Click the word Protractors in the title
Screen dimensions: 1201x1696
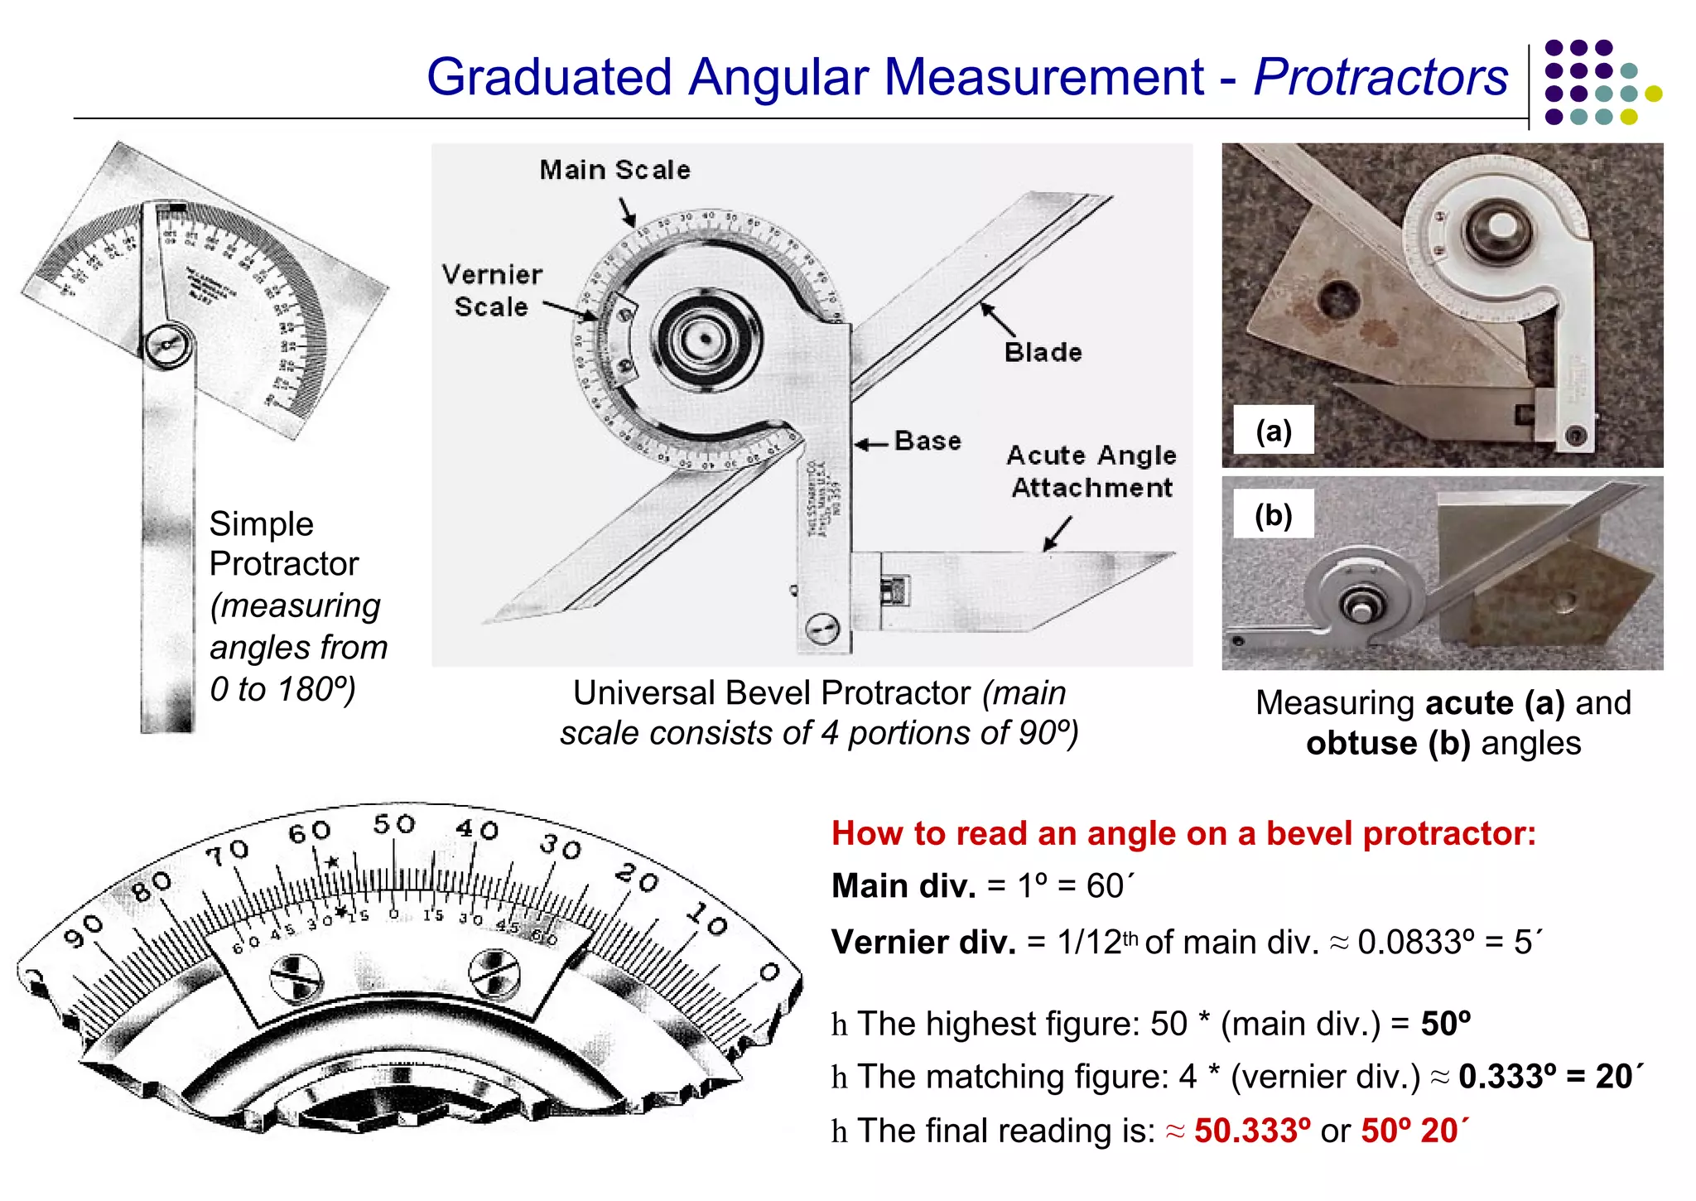1380,77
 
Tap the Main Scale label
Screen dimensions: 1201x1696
614,170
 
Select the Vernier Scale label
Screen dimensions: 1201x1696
492,290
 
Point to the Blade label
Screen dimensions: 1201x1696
1043,352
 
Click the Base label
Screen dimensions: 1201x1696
927,441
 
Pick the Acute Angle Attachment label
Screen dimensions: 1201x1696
1091,471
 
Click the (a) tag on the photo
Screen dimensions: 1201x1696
1273,430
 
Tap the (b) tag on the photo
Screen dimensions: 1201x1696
1273,514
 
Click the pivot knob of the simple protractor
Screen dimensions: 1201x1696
169,345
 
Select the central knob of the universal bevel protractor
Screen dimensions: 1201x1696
706,339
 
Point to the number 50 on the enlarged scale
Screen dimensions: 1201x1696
393,824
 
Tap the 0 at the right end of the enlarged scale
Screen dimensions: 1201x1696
768,972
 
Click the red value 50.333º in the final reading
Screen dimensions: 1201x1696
1252,1131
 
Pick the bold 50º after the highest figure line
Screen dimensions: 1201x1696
1446,1024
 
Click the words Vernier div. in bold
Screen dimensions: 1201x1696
923,943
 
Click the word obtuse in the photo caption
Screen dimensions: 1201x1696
1361,743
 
